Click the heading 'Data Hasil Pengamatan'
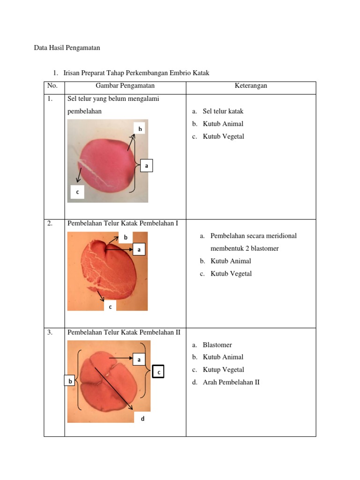67,48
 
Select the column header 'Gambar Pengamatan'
125,86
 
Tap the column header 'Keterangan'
251,86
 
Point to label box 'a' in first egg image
146,165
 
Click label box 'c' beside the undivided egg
77,192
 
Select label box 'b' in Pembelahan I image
126,238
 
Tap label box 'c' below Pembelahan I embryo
110,307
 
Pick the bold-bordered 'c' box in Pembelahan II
159,372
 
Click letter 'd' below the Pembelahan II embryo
142,419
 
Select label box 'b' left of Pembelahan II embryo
70,381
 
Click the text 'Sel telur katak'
223,112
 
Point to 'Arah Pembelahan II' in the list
231,382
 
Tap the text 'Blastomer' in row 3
217,345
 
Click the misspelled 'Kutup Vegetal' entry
224,370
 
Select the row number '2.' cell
50,224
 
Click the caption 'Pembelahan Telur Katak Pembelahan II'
124,332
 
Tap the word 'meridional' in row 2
280,236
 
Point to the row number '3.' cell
50,332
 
